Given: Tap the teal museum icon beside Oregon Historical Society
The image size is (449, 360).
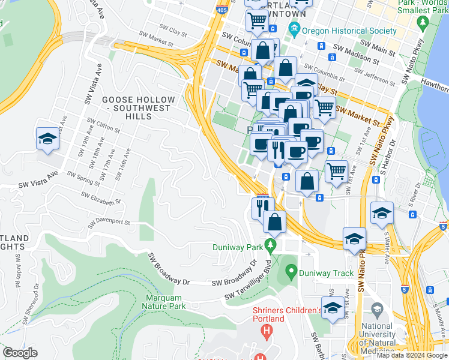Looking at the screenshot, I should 294,28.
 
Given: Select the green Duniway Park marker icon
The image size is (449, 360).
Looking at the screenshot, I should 270,246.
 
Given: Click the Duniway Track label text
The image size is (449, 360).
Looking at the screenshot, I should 327,273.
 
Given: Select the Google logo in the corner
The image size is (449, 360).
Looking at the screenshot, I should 20,352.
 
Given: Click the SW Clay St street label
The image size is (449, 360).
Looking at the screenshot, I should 173,28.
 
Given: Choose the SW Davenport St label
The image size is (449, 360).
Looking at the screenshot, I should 108,222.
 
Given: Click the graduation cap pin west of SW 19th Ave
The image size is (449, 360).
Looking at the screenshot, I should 47,140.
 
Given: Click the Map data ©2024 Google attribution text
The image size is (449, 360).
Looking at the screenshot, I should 412,355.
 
